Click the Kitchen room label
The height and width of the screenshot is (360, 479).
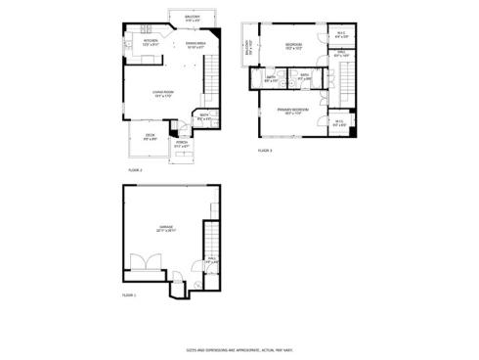[x=151, y=42]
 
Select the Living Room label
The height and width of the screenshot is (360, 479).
[x=163, y=93]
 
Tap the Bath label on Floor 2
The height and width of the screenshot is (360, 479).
[x=203, y=116]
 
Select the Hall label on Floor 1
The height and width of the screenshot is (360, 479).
[x=211, y=260]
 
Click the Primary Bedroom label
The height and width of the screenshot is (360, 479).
[x=292, y=110]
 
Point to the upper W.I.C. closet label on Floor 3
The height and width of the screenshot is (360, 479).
[x=340, y=35]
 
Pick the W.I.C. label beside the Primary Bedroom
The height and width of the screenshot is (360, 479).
[x=338, y=122]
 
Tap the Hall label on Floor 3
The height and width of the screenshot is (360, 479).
[x=339, y=55]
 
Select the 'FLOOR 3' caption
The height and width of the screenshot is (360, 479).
[x=265, y=151]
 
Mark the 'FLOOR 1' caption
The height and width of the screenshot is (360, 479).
[x=129, y=294]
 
